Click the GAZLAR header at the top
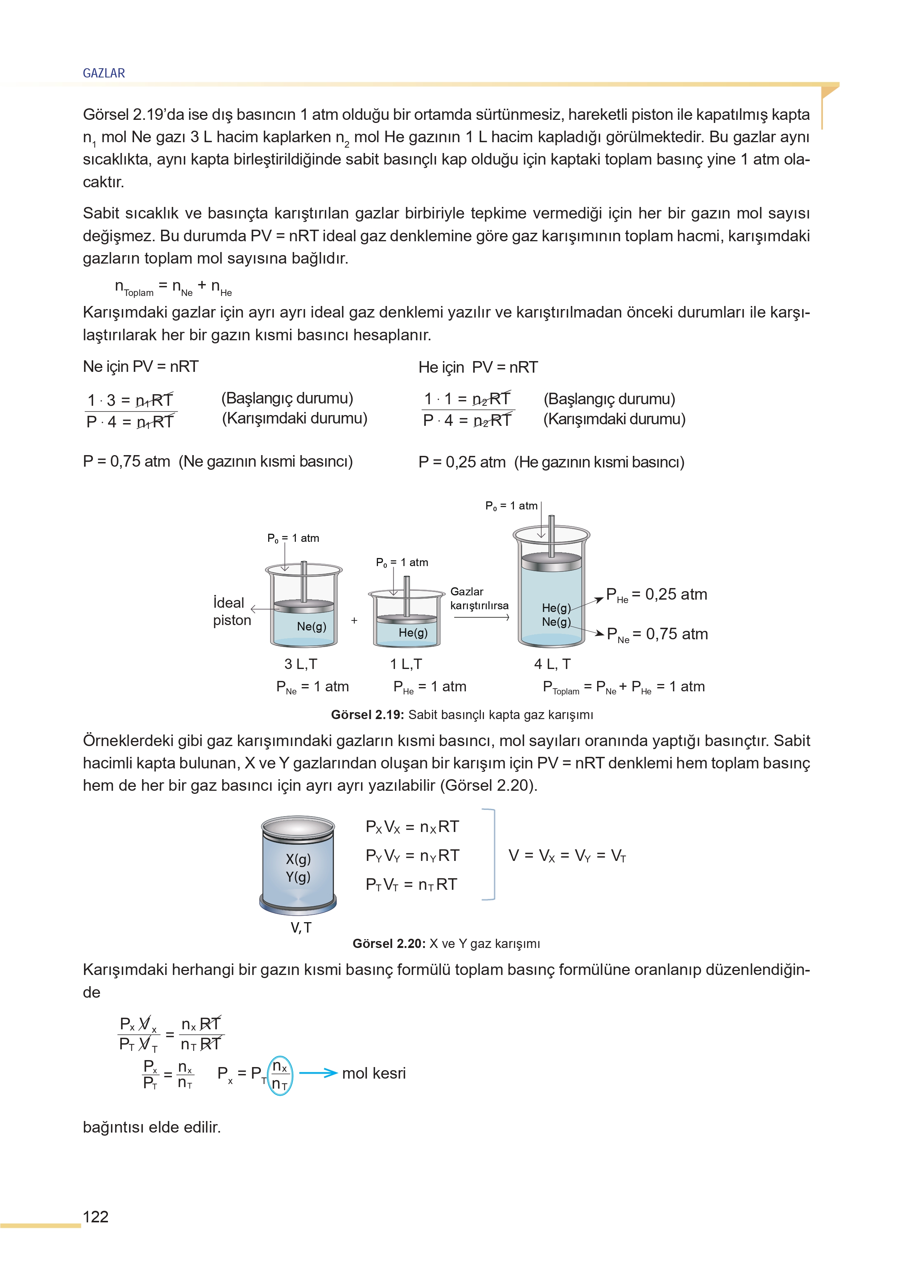pos(104,73)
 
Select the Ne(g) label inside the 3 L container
pos(311,627)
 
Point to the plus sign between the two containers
pos(354,620)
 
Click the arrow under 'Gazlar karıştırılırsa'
pos(481,617)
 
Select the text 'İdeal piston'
pos(231,611)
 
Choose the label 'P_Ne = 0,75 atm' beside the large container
pos(657,634)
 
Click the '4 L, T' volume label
pos(552,664)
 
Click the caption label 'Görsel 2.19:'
pos(367,715)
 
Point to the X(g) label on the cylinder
pos(298,859)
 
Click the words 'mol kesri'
pos(374,1073)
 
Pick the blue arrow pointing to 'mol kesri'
pos(318,1073)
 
